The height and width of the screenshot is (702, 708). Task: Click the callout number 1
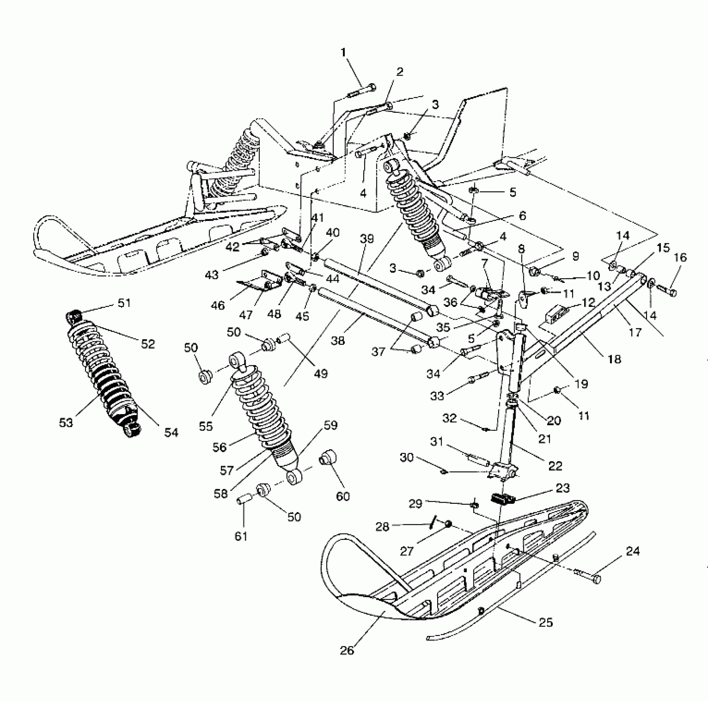pyautogui.click(x=343, y=52)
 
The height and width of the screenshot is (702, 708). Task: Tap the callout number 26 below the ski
pyautogui.click(x=347, y=650)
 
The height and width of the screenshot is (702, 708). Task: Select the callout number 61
pyautogui.click(x=241, y=536)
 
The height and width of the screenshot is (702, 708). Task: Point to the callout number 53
pyautogui.click(x=66, y=422)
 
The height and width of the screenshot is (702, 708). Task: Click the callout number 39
pyautogui.click(x=367, y=239)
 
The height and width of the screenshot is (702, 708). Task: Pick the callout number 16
pyautogui.click(x=680, y=258)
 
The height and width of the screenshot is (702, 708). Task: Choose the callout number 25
pyautogui.click(x=546, y=622)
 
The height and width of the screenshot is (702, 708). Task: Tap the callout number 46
pyautogui.click(x=218, y=306)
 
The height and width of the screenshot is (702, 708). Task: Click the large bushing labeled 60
pyautogui.click(x=329, y=458)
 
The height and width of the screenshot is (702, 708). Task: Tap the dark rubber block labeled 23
pyautogui.click(x=504, y=498)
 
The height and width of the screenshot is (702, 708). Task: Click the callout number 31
pyautogui.click(x=436, y=441)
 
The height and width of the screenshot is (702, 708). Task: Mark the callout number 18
pyautogui.click(x=614, y=359)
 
